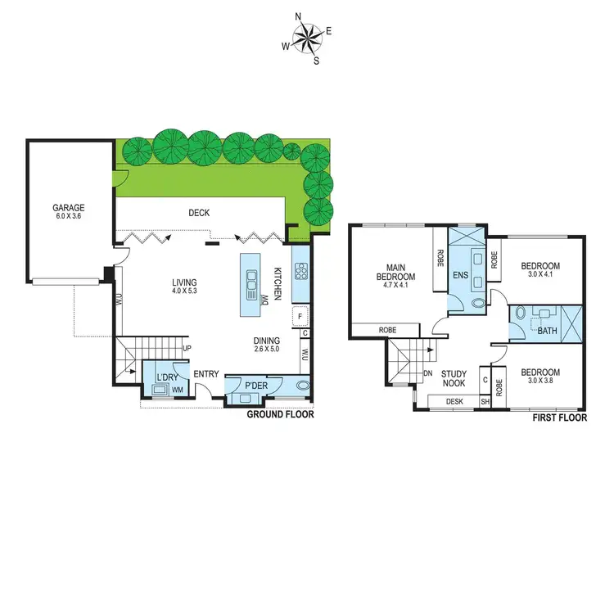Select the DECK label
click(x=199, y=213)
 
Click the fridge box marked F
click(x=301, y=316)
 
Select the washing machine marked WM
click(x=178, y=390)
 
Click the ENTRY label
click(x=206, y=375)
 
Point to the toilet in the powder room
click(x=303, y=386)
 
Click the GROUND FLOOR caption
click(x=281, y=414)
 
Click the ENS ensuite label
click(x=459, y=275)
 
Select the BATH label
click(x=547, y=332)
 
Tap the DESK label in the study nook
click(x=454, y=401)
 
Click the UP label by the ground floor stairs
click(x=186, y=348)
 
